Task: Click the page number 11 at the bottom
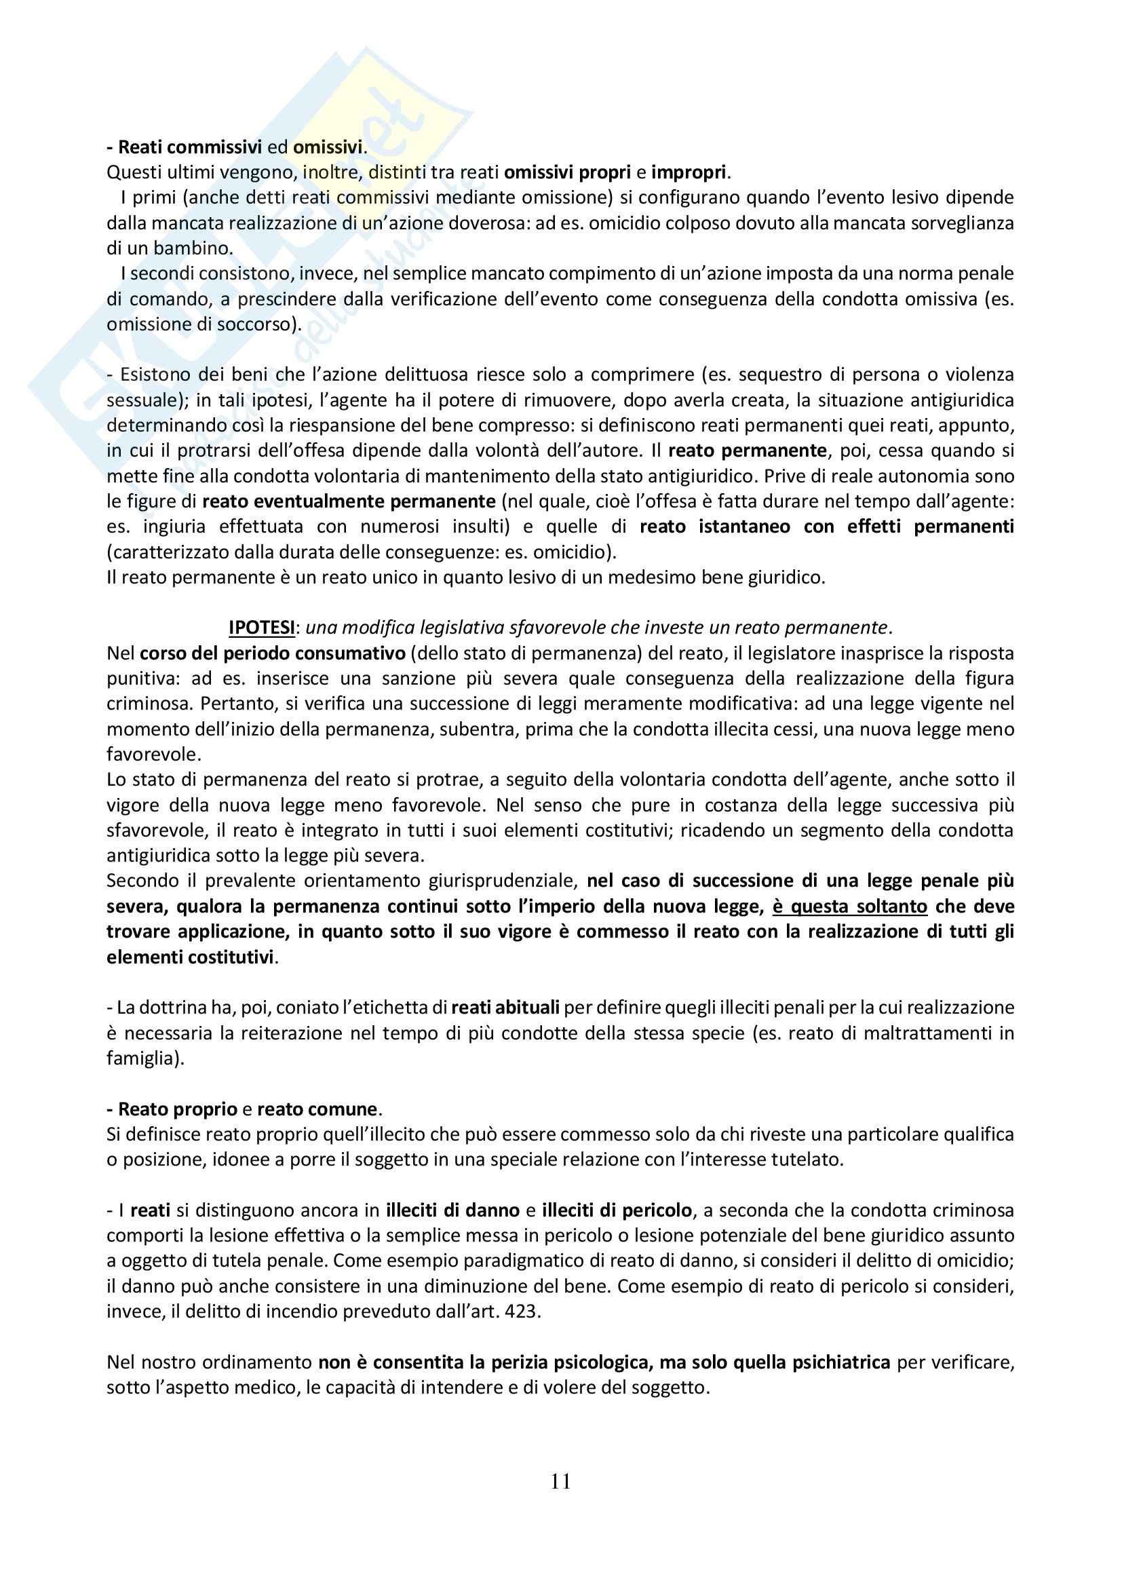coord(560,1480)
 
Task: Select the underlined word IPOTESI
coord(261,628)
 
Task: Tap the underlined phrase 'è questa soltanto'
coord(849,906)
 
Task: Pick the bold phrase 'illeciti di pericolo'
coord(617,1210)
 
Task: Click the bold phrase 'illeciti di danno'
coord(453,1210)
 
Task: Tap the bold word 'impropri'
coord(689,172)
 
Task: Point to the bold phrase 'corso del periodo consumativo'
coord(272,653)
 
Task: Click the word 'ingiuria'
coord(175,527)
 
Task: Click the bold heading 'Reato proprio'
coord(178,1109)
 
